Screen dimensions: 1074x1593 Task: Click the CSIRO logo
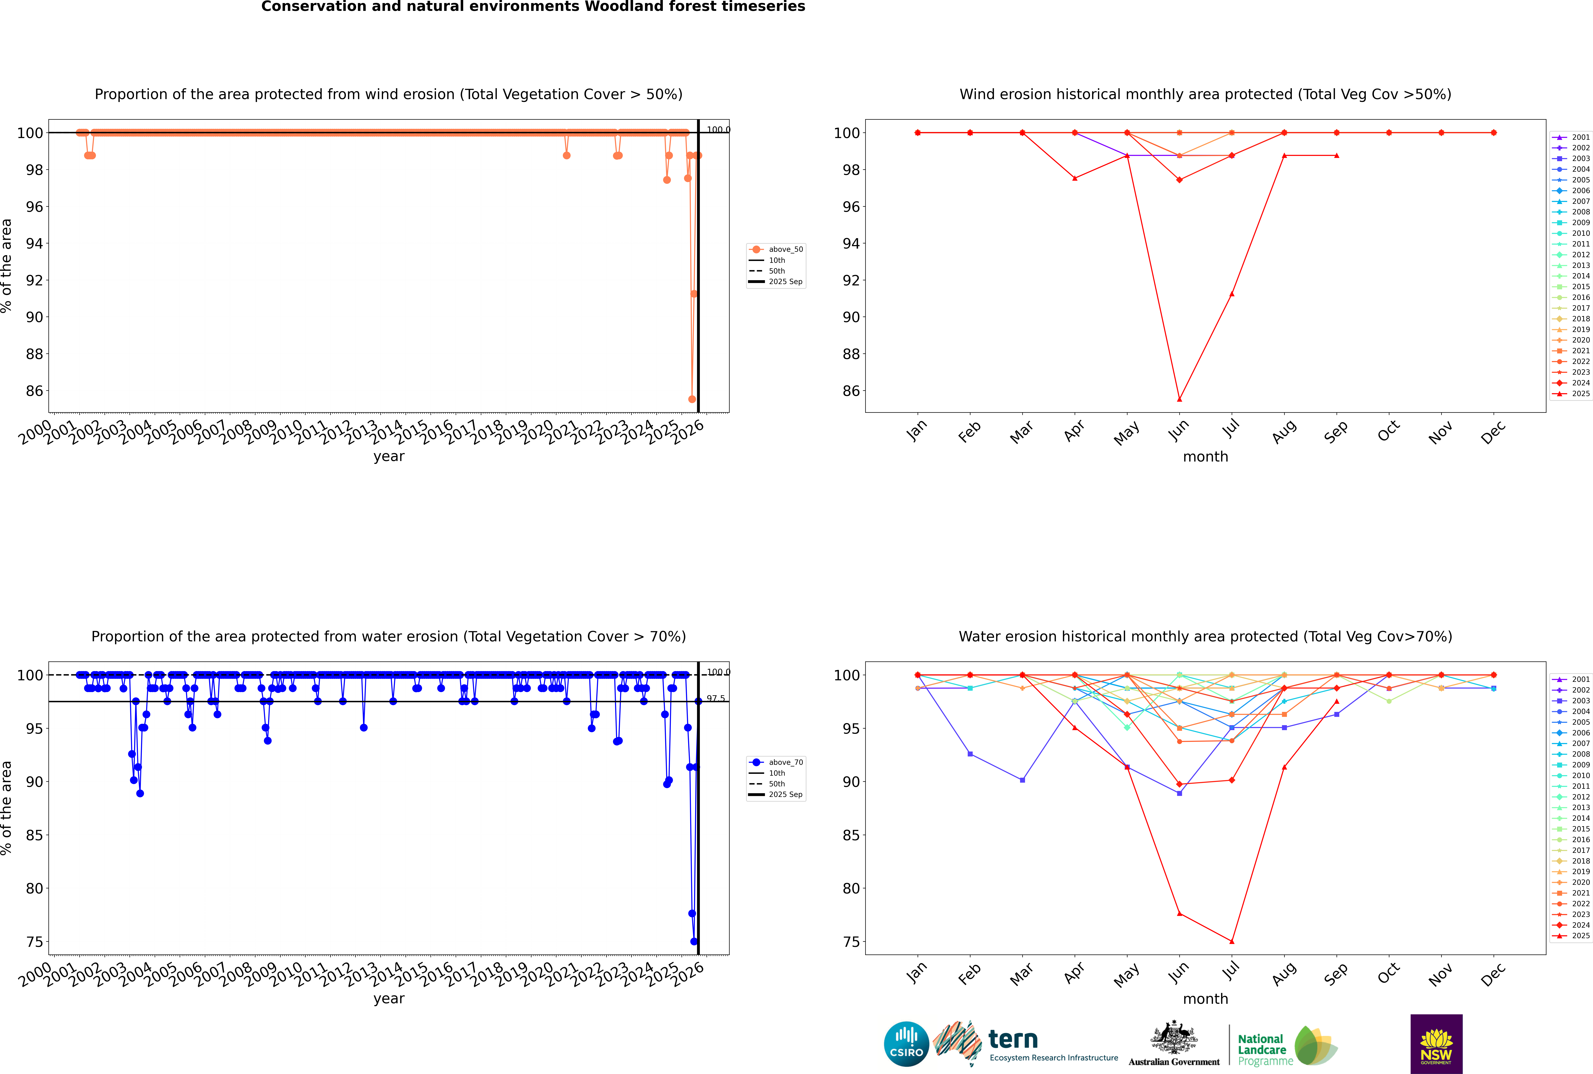tap(906, 1044)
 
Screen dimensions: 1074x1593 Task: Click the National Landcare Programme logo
tap(1286, 1046)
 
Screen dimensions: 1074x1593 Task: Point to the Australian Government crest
tap(1174, 1039)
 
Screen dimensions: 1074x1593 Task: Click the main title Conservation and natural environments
tap(533, 7)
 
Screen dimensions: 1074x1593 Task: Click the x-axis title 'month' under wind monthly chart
tap(1205, 457)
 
